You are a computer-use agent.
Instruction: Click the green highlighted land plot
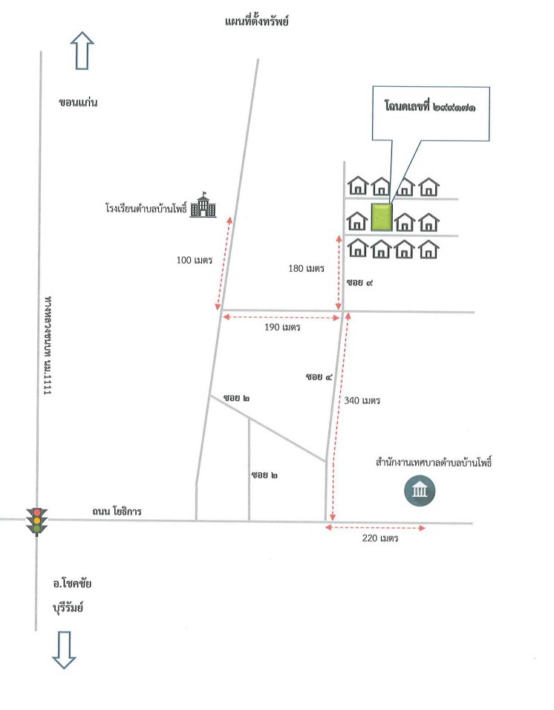click(382, 218)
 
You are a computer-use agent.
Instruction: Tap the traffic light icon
click(36, 521)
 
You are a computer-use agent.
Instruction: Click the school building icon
click(203, 205)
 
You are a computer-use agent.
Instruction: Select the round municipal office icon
click(420, 490)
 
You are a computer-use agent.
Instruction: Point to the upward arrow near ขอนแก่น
click(82, 51)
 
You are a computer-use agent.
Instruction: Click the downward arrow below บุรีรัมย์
click(64, 651)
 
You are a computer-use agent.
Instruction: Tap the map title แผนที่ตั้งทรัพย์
click(257, 22)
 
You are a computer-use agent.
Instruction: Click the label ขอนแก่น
click(78, 102)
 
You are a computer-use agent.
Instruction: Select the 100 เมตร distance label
click(194, 260)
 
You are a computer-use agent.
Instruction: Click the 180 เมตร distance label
click(307, 269)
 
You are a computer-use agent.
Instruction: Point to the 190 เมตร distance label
click(282, 327)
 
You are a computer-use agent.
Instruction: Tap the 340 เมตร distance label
click(362, 400)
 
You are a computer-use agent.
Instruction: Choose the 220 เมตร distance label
click(380, 538)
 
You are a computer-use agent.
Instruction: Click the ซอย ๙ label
click(359, 282)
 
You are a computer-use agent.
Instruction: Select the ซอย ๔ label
click(319, 377)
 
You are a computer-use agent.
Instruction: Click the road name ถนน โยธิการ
click(117, 511)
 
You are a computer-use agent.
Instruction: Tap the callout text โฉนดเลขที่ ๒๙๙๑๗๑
click(430, 107)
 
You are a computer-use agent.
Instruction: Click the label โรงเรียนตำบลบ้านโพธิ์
click(146, 208)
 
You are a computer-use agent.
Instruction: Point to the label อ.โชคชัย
click(72, 583)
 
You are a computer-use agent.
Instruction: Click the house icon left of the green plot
click(357, 221)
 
